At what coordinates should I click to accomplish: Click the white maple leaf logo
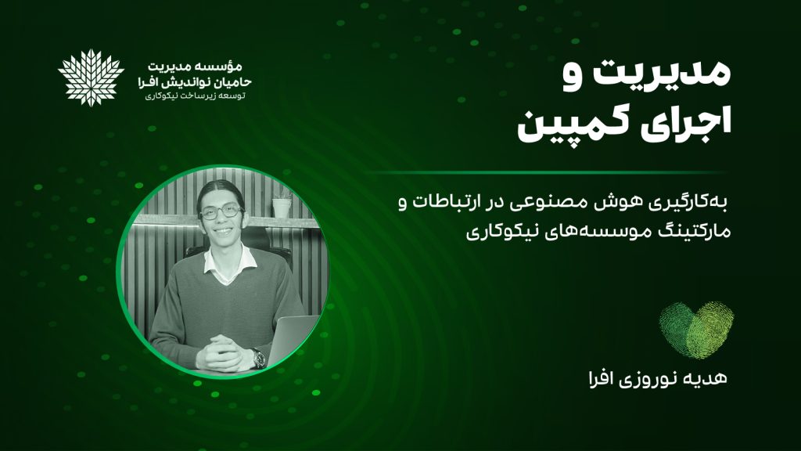91,78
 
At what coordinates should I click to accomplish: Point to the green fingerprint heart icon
696,330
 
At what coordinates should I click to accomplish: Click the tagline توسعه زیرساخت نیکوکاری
195,96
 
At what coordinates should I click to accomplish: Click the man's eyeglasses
221,211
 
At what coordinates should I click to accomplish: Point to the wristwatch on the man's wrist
258,357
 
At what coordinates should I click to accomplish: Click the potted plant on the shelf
282,203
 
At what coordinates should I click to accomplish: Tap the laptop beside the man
292,339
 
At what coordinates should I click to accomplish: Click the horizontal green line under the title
547,173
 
